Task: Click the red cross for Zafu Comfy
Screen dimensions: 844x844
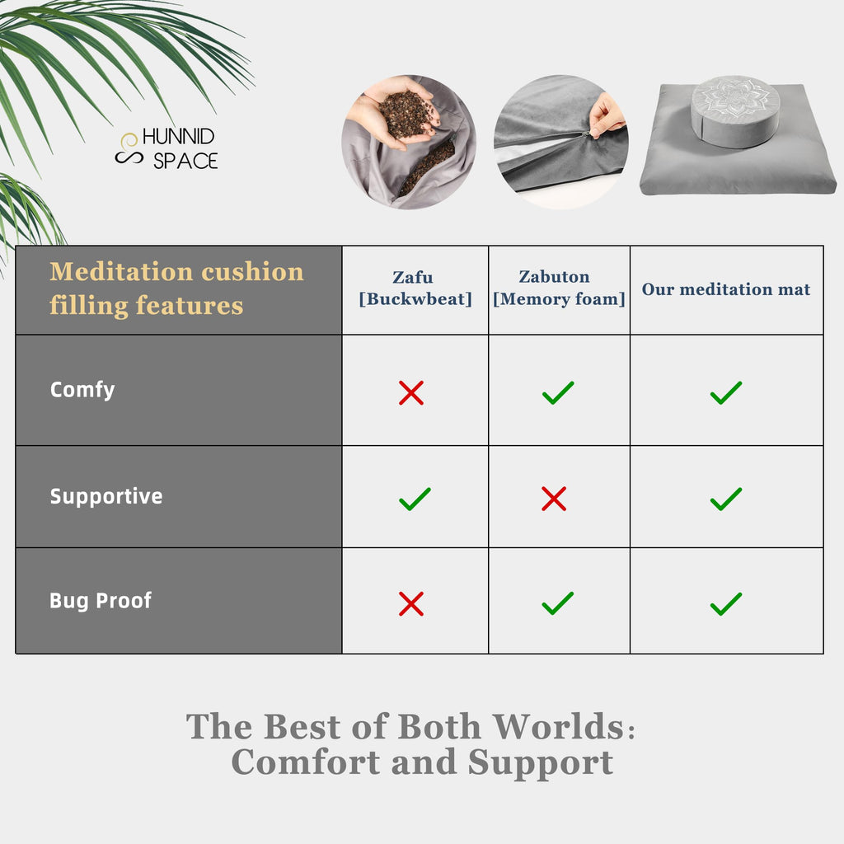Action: click(411, 393)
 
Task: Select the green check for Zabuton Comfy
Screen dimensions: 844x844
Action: click(558, 393)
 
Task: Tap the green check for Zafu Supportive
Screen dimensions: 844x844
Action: click(415, 499)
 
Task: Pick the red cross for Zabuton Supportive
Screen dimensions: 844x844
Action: click(554, 499)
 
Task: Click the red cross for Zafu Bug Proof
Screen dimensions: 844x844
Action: click(411, 604)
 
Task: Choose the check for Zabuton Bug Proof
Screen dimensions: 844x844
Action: click(558, 604)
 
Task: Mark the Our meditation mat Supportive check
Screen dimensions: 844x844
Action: click(726, 499)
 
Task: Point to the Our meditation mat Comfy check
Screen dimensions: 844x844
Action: click(726, 393)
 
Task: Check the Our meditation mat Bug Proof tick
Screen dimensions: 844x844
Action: click(726, 604)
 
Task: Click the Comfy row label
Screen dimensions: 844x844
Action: click(82, 389)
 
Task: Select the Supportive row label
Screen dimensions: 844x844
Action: click(106, 496)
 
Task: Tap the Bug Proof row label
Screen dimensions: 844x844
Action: click(101, 601)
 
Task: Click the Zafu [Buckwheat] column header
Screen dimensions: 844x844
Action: click(415, 288)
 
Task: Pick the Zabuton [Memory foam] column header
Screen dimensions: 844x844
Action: click(559, 288)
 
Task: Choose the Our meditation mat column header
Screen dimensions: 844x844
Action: click(726, 289)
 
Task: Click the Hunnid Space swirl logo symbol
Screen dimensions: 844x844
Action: click(128, 148)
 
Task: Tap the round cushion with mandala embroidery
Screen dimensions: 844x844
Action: click(735, 110)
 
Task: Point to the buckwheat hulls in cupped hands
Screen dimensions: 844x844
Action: click(406, 114)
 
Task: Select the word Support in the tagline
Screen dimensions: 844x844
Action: click(541, 762)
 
